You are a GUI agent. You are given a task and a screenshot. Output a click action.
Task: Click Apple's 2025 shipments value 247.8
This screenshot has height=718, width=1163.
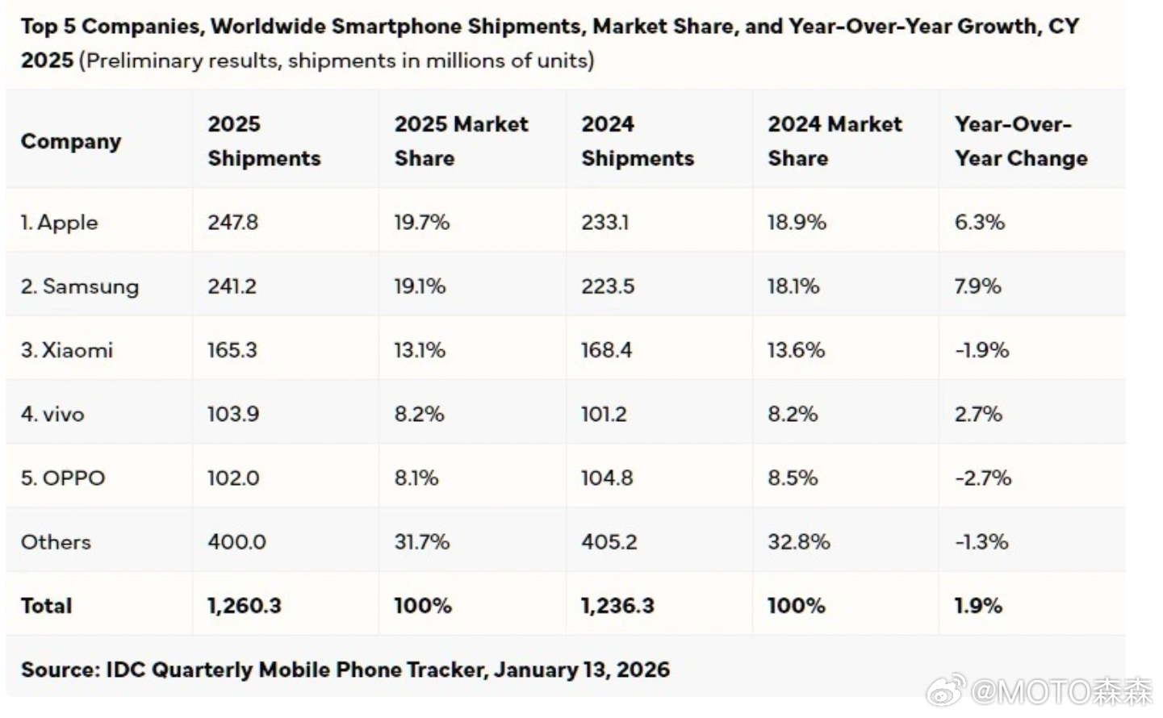232,222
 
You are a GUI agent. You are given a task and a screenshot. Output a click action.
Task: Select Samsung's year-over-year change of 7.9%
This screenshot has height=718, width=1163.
977,286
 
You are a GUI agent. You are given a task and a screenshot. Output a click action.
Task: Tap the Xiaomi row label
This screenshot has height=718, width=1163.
67,350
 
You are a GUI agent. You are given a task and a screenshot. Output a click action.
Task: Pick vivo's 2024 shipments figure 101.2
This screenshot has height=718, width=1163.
604,414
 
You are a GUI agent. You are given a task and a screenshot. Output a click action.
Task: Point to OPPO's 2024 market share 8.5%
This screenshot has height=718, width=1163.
793,478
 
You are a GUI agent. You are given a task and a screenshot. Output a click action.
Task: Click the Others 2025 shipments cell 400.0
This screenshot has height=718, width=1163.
236,541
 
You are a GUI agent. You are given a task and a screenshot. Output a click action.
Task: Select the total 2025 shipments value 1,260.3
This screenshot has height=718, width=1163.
244,605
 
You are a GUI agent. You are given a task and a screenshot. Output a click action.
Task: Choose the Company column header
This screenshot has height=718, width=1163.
71,141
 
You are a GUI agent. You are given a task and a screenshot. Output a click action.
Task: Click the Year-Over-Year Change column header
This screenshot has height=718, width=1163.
1020,141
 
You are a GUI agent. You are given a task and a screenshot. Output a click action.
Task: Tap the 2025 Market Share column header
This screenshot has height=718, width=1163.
461,141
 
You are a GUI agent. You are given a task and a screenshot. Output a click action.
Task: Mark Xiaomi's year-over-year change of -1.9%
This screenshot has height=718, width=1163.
981,350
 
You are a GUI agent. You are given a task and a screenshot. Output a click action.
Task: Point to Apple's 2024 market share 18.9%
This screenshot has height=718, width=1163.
797,222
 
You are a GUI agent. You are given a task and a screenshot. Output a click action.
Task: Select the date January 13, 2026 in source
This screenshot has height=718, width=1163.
582,670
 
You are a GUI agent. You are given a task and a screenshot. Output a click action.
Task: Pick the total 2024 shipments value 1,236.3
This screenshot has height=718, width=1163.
617,605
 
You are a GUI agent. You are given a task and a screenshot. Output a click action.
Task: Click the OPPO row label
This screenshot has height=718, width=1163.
63,478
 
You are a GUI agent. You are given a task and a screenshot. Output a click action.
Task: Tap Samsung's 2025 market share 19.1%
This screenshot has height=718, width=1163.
420,286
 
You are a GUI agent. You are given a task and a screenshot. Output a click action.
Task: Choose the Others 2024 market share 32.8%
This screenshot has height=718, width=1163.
798,541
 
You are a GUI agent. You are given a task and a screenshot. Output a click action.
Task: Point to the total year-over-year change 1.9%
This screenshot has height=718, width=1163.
978,605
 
